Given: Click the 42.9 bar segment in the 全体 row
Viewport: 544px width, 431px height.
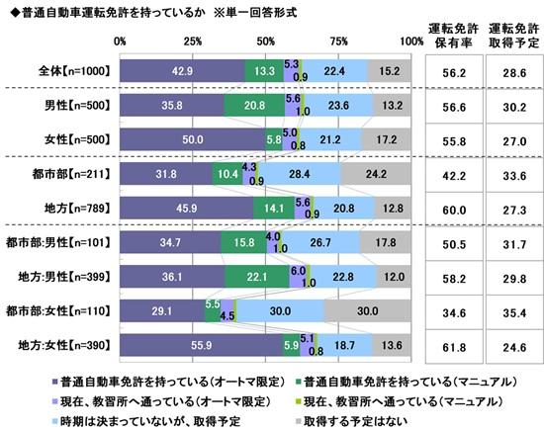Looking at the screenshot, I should (181, 70).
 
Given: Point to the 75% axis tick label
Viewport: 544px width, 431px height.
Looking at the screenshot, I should (338, 41).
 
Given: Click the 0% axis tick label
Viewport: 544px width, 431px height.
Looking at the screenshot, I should (120, 41).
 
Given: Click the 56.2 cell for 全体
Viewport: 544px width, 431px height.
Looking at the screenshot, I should (453, 70).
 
